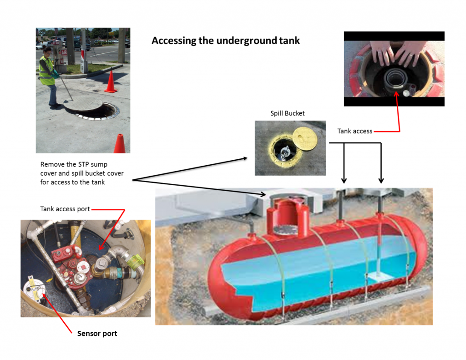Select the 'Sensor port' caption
coord(97,334)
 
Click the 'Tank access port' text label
coord(65,209)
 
